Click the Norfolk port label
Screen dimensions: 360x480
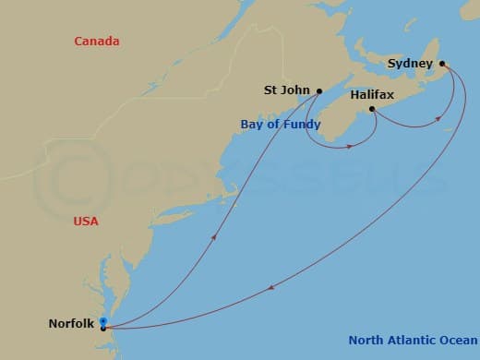pyautogui.click(x=70, y=324)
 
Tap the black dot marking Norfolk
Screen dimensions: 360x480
pyautogui.click(x=103, y=327)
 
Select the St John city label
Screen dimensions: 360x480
pyautogui.click(x=286, y=90)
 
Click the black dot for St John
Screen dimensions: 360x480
pyautogui.click(x=318, y=90)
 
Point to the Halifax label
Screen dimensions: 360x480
pyautogui.click(x=374, y=93)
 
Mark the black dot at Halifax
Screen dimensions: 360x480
pyautogui.click(x=372, y=109)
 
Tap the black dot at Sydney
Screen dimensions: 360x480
pyautogui.click(x=443, y=64)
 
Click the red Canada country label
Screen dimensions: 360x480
pyautogui.click(x=99, y=42)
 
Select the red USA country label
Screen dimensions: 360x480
pyautogui.click(x=85, y=222)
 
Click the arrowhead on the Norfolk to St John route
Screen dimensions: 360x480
pyautogui.click(x=215, y=236)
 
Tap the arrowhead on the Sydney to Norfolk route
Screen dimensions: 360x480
pyautogui.click(x=270, y=289)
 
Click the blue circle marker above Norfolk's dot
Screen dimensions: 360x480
pyautogui.click(x=102, y=321)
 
